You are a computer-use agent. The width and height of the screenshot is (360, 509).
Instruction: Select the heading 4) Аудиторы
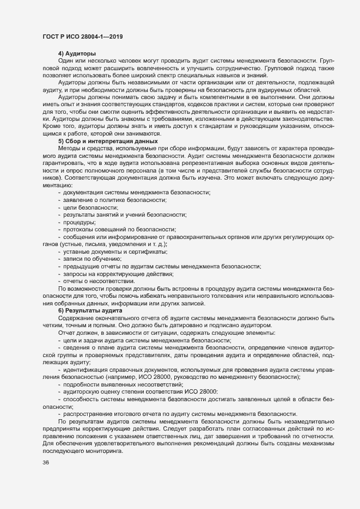tap(77, 53)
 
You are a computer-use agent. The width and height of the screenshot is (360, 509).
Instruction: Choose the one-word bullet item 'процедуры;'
tap(80, 222)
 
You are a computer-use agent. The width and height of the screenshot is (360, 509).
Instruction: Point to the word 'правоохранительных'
tap(202, 237)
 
